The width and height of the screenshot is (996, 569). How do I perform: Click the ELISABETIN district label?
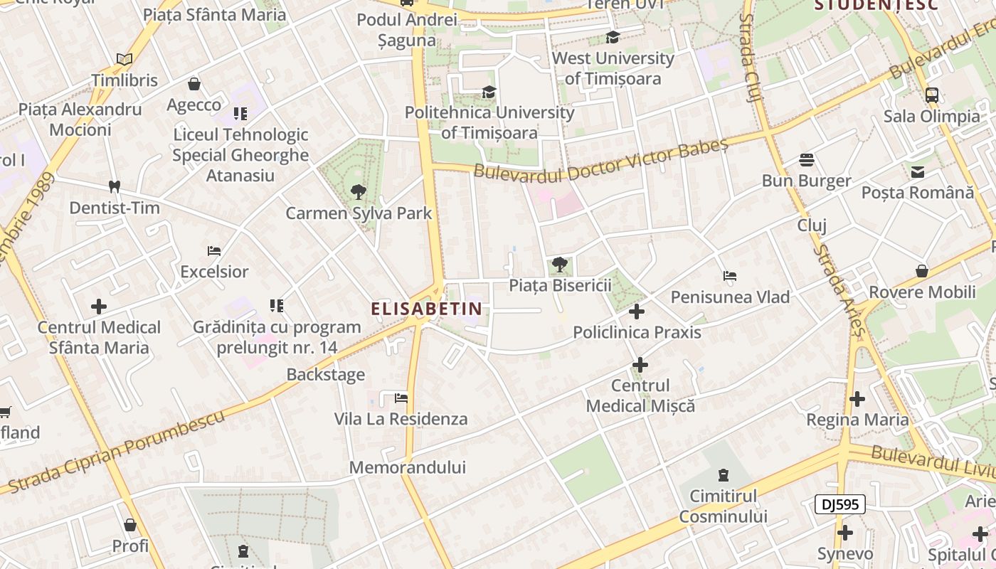426,309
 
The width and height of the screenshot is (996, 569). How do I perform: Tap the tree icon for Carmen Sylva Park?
358,191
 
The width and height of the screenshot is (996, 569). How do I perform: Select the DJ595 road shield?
839,505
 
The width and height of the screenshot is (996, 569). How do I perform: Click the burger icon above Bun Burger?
806,159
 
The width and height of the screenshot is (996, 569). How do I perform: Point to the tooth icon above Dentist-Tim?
114,187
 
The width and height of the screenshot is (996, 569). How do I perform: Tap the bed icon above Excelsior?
214,251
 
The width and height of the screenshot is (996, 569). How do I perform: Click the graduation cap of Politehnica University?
489,92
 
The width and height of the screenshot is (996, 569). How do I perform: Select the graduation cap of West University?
613,38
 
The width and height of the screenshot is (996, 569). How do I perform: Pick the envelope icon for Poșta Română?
917,171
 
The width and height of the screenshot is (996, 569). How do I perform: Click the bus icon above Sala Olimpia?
931,95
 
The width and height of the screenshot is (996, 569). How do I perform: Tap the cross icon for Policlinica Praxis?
637,312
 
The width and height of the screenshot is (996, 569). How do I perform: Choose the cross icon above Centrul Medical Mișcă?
640,365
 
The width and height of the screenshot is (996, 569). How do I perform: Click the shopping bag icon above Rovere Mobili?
922,271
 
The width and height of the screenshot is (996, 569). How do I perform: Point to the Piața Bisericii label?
560,285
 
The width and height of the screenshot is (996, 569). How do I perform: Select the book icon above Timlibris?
124,60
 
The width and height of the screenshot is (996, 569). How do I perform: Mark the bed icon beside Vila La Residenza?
401,398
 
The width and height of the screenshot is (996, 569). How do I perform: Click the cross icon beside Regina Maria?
857,399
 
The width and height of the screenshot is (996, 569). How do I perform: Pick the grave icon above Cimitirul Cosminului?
724,474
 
